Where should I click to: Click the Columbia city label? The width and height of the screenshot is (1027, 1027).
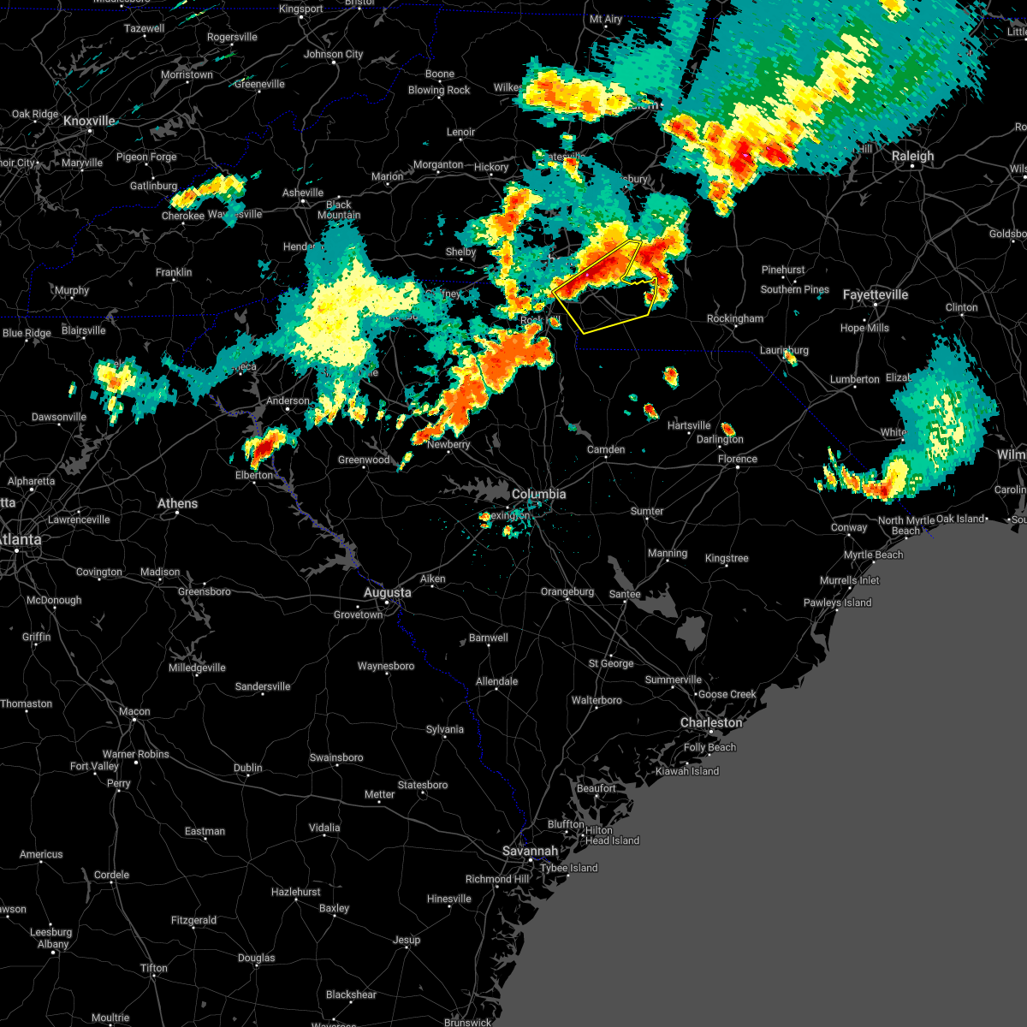point(538,494)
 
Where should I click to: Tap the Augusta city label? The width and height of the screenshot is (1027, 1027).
point(387,592)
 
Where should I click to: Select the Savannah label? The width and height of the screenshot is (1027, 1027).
point(530,851)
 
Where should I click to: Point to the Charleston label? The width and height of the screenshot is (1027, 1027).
point(711,722)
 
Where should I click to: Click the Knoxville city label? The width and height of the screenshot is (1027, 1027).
point(89,122)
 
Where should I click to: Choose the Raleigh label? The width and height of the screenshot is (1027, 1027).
point(912,156)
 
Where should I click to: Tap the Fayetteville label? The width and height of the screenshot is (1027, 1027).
point(875,294)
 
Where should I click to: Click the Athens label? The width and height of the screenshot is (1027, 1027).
point(177,503)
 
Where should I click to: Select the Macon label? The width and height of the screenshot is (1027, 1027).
point(134,711)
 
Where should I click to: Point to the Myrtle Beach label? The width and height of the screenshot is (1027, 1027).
point(873,555)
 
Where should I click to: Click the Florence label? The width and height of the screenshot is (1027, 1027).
point(737,459)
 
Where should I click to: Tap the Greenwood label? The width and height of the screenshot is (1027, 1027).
point(364,460)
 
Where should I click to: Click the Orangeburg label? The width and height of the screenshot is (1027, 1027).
point(567,591)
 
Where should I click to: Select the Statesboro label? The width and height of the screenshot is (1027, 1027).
point(423,785)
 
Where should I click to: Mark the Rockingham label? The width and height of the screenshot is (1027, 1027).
point(735,318)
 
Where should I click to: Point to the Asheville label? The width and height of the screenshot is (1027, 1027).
point(303,193)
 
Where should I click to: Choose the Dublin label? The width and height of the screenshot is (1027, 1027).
point(248,768)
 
